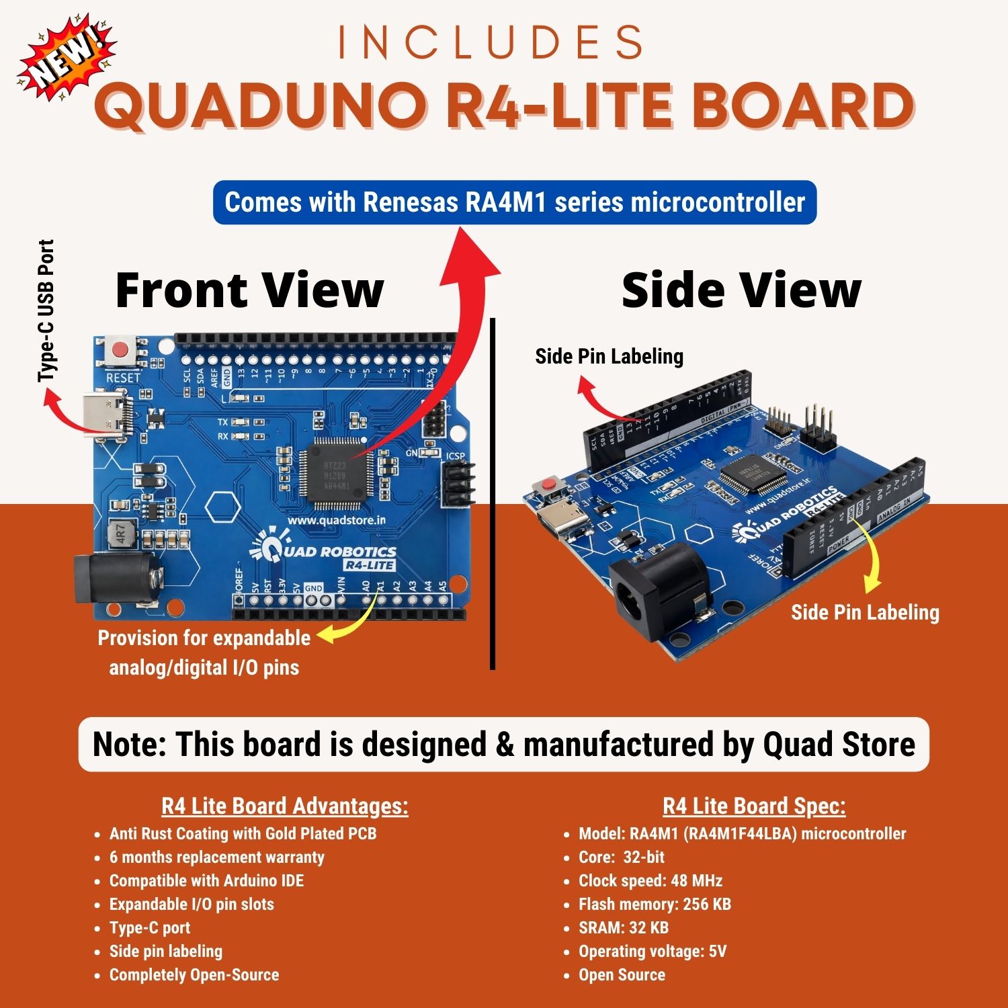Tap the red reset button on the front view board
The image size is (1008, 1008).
[x=121, y=350]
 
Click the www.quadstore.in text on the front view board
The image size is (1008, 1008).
[x=337, y=519]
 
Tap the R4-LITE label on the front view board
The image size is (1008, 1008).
[x=369, y=565]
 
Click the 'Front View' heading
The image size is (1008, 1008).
[x=249, y=290]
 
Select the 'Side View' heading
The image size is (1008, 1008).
[x=741, y=290]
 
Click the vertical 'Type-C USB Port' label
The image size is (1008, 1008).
[x=46, y=310]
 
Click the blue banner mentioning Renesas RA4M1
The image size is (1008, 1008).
[x=514, y=202]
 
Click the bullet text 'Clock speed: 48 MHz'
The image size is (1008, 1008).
[x=650, y=880]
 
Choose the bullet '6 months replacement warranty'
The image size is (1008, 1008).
[x=216, y=857]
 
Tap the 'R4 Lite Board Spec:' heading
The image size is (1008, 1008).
[x=754, y=805]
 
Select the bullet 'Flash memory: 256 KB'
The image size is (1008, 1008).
[x=655, y=904]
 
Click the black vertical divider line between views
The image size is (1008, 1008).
[x=493, y=494]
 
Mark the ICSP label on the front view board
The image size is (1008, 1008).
[x=455, y=456]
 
